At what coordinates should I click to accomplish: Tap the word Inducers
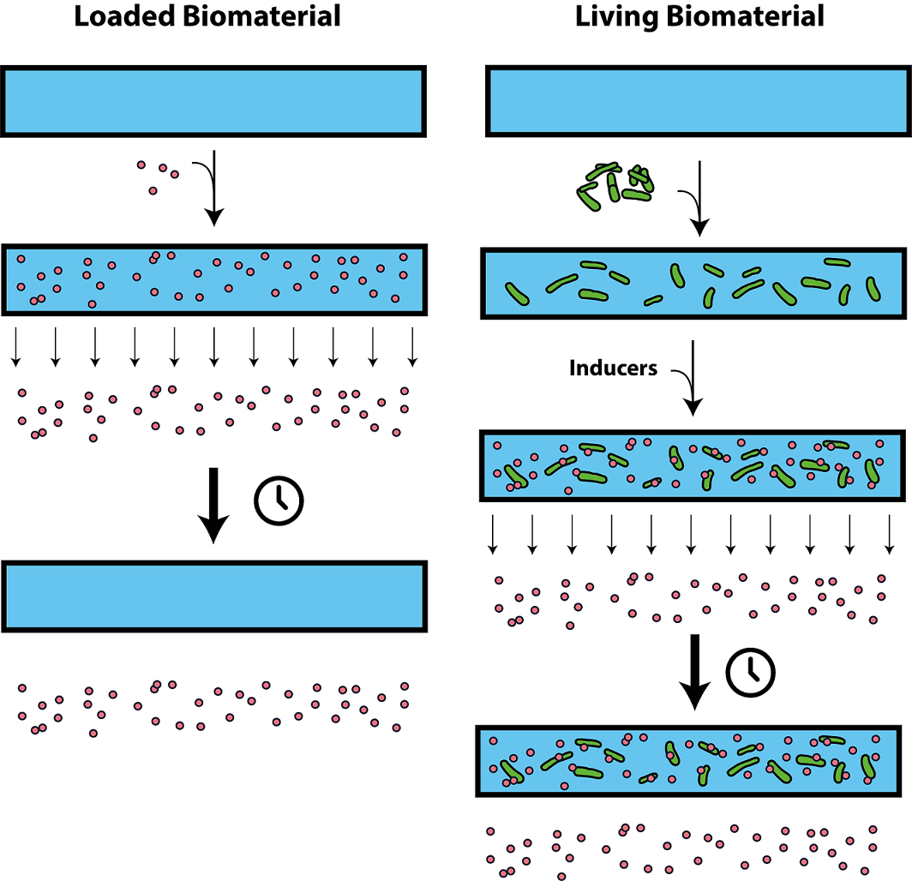pos(614,369)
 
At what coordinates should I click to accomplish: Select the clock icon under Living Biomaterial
pos(751,672)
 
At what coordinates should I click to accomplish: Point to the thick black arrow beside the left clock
pos(213,505)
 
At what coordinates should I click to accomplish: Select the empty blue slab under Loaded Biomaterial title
pos(213,101)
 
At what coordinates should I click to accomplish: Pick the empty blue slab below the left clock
pos(213,596)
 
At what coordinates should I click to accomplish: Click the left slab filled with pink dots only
pos(213,279)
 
